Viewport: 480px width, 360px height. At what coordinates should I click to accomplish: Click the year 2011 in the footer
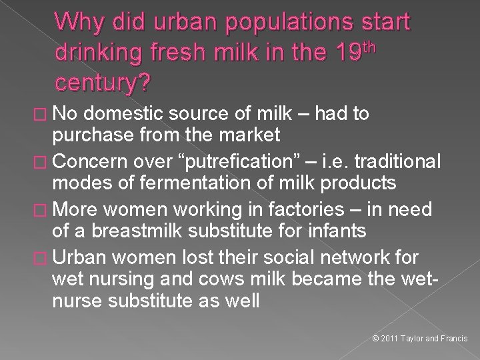[x=389, y=339]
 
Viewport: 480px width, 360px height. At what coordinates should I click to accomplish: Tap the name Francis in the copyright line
[x=455, y=339]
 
